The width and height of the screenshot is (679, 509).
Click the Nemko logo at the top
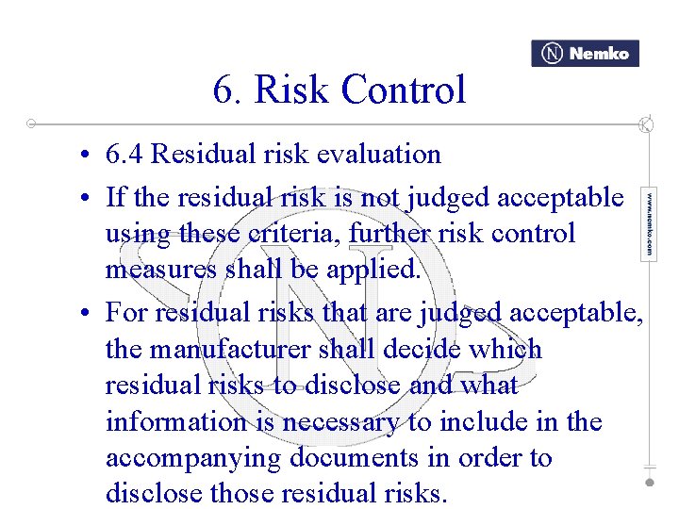coord(585,54)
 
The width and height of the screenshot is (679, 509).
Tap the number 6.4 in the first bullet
coord(125,154)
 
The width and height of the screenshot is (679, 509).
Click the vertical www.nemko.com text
coord(649,224)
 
